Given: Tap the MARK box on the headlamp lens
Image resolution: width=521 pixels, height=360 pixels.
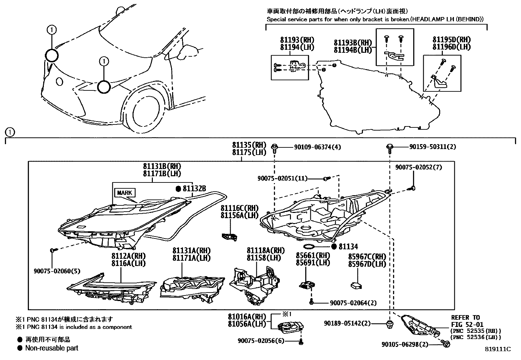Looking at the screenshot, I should pos(125,193).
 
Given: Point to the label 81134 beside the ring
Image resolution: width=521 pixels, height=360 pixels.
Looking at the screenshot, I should pos(348,247).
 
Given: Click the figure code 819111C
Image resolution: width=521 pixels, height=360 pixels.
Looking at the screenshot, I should pos(498,349).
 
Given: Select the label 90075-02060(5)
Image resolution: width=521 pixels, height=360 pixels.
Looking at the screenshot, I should pos(57,271).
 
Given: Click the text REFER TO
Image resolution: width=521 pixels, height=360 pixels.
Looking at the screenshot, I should pos(465,317).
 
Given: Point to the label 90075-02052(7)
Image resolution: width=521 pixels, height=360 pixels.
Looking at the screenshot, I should pos(418,167).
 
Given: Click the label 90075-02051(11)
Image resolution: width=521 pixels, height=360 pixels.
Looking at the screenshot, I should pos(282,178).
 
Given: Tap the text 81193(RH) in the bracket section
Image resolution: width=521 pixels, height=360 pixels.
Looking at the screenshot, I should pos(297,40).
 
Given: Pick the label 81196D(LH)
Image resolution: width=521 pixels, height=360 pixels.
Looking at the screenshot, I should pos(451,47).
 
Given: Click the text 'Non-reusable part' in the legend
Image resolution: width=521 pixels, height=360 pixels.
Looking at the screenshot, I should pos(52,348).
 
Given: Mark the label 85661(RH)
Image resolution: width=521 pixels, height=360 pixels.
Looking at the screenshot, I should pos(308,255).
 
